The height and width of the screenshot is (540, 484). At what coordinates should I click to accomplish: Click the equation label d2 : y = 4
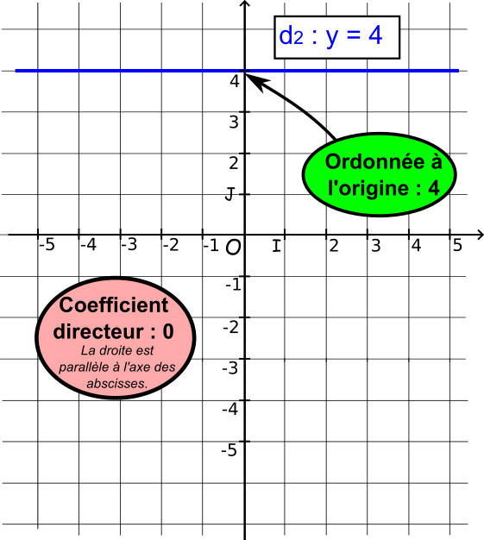tap(330, 36)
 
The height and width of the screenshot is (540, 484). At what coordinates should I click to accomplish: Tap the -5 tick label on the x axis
tap(47, 245)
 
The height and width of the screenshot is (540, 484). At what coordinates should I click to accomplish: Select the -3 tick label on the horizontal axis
tap(129, 245)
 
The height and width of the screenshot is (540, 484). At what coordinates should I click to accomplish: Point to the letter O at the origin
tap(233, 248)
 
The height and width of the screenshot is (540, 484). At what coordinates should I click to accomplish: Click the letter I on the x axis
tap(276, 246)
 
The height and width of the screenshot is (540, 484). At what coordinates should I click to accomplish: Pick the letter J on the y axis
tap(229, 194)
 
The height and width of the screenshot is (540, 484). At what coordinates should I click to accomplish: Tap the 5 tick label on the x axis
tap(457, 246)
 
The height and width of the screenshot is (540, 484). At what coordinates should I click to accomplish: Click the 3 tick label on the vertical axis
tap(234, 122)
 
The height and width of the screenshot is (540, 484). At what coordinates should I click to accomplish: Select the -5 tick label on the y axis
tap(229, 450)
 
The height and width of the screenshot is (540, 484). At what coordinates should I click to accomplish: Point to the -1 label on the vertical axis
tap(233, 285)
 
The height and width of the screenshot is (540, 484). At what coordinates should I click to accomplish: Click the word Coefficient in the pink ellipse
tap(114, 305)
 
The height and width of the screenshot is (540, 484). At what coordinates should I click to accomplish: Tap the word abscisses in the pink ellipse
tap(117, 383)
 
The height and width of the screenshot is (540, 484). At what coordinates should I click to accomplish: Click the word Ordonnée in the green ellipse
tap(374, 162)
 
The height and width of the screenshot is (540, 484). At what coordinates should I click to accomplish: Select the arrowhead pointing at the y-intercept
tap(258, 82)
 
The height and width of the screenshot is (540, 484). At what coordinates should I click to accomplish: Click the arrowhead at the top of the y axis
tap(244, 3)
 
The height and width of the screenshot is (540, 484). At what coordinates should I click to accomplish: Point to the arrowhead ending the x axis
tap(481, 235)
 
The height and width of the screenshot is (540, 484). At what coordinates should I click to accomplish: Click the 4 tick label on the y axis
tap(235, 82)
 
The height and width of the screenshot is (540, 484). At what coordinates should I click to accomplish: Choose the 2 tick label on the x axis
tap(334, 246)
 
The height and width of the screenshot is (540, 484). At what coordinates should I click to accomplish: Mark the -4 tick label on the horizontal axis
tap(88, 245)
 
